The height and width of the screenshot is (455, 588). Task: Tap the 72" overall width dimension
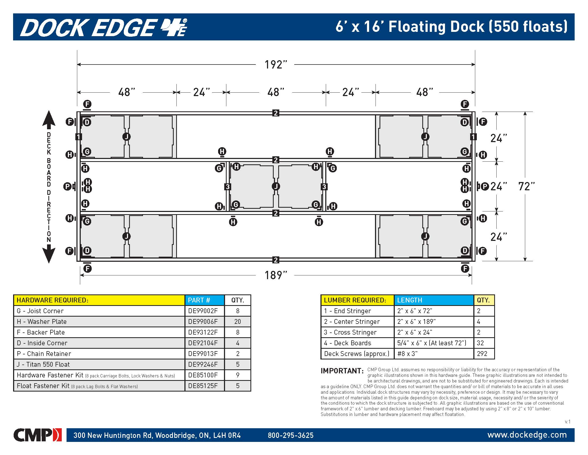pos(526,186)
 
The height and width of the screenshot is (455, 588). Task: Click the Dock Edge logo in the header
pos(104,27)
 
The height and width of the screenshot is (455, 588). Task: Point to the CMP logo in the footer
pos(37,435)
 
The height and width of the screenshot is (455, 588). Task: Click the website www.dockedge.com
pos(527,434)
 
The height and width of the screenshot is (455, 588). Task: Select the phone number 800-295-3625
pos(291,435)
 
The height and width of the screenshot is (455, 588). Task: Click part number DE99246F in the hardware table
pos(203,365)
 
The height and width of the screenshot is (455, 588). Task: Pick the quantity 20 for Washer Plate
pos(237,321)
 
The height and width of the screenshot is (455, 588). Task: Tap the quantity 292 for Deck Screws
pos(482,354)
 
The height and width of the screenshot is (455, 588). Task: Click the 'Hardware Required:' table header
pos(52,300)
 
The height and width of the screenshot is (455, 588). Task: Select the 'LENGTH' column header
pos(409,300)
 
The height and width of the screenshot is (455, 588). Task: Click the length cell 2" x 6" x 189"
pos(416,321)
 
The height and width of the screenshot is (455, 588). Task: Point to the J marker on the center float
pos(276,186)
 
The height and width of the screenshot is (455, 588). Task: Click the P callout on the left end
pos(67,186)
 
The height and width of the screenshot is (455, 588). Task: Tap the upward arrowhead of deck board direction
pos(49,119)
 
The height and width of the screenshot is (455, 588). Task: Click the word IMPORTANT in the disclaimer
pos(342,371)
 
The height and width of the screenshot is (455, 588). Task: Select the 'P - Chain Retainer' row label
pos(44,354)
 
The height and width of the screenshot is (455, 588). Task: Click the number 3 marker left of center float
pos(228,187)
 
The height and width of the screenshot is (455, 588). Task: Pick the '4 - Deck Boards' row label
pos(347,343)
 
